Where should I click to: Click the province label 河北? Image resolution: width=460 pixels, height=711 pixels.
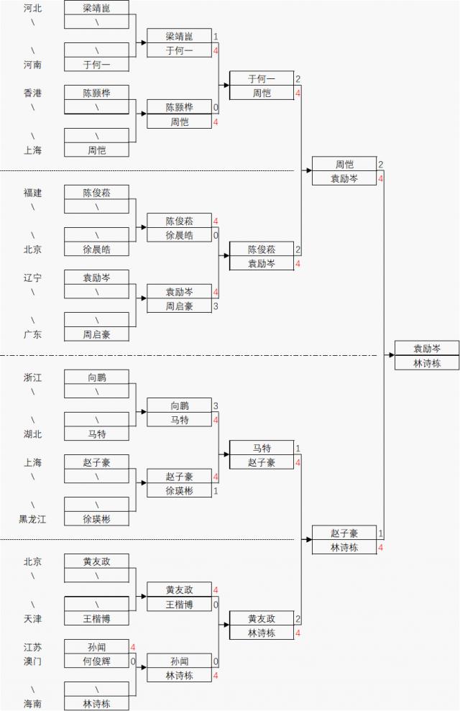pos(32,9)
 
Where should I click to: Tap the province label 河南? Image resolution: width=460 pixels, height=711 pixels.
pos(32,65)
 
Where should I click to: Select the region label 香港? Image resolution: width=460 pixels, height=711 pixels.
pos(32,93)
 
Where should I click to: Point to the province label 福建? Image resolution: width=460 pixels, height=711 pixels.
pos(32,193)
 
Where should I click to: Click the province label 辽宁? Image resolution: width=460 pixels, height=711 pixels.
pos(32,277)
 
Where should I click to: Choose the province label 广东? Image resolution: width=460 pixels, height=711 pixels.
pos(32,334)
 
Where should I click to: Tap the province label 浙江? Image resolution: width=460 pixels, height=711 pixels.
pos(32,377)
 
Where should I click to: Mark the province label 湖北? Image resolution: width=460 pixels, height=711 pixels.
pos(32,434)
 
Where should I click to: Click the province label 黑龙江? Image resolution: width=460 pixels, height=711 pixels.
pos(32,519)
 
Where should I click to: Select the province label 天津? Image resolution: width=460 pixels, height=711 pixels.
pos(32,618)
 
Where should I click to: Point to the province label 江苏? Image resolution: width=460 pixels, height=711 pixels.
pos(32,647)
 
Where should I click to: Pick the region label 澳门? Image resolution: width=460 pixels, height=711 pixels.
pos(32,661)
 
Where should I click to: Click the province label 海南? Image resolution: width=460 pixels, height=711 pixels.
pos(32,704)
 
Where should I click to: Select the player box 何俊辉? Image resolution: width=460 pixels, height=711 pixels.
pos(96,661)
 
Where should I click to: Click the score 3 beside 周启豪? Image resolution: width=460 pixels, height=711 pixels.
pos(216,306)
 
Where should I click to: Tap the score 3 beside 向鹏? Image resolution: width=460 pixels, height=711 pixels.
pos(216,406)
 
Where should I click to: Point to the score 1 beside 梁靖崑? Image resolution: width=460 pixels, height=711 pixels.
pos(216,36)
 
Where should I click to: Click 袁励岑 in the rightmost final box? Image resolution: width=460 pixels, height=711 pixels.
pos(426,349)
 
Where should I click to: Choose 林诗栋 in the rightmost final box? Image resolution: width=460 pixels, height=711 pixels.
pos(426,363)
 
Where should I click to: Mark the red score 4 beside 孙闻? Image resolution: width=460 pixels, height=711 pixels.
pos(133,647)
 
